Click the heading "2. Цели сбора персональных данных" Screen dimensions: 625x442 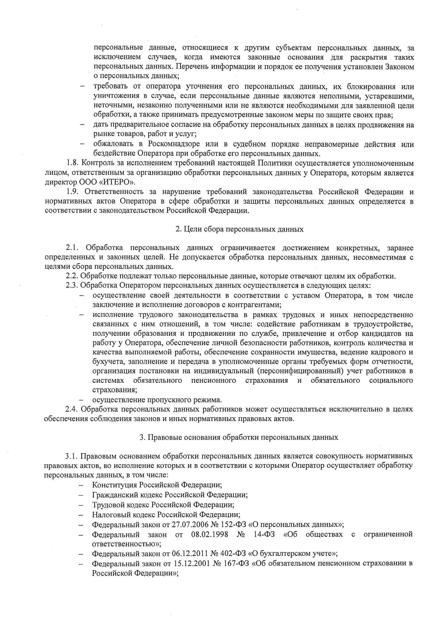[x=239, y=229]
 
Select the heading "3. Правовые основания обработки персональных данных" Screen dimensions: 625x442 [x=239, y=437]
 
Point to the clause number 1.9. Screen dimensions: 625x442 [x=72, y=192]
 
